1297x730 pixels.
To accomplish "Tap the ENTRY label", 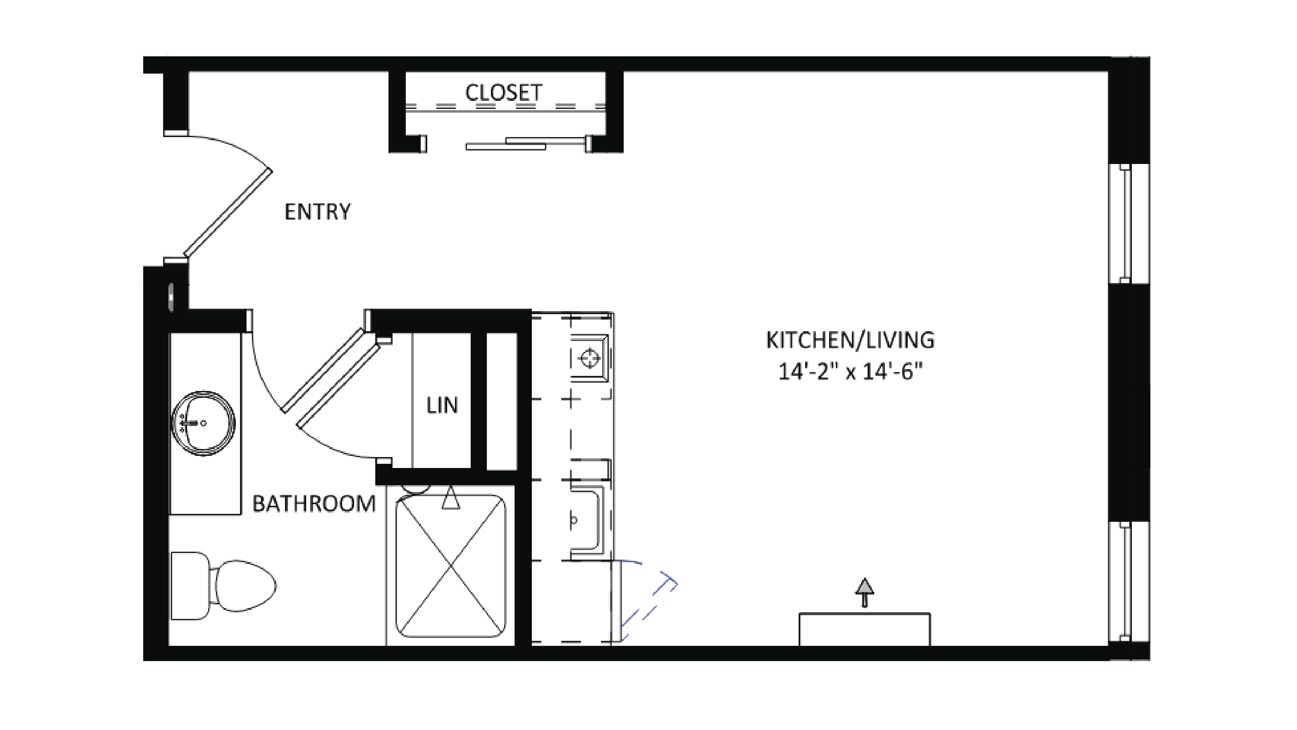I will click(317, 212).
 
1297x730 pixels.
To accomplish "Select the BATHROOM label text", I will click(314, 503).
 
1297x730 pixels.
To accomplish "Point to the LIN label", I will click(442, 405).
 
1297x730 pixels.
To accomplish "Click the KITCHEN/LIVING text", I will click(850, 340).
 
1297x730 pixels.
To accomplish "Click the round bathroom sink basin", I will click(203, 423).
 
